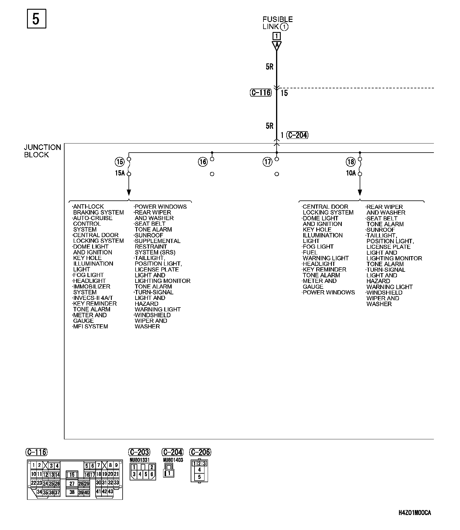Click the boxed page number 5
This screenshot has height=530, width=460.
click(36, 19)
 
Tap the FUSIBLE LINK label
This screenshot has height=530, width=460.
click(277, 23)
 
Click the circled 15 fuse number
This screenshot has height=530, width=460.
click(120, 162)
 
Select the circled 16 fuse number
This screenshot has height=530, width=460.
click(203, 162)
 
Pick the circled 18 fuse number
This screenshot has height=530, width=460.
click(351, 162)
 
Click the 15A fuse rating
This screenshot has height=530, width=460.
click(120, 173)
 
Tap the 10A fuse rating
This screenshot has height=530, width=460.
click(351, 173)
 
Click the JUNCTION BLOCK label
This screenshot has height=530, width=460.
click(43, 151)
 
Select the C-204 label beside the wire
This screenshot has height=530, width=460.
click(297, 135)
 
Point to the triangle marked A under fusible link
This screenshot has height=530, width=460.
click(276, 45)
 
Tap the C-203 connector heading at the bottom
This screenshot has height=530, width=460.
click(139, 452)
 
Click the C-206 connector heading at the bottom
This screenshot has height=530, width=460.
click(200, 452)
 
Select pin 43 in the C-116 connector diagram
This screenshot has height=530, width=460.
click(110, 491)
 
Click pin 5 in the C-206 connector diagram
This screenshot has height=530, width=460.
click(199, 477)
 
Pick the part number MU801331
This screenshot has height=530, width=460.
click(140, 460)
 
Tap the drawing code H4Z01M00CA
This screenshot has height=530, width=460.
click(415, 513)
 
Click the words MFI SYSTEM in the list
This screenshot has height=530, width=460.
click(90, 326)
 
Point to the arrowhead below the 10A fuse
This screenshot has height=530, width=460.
click(360, 193)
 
